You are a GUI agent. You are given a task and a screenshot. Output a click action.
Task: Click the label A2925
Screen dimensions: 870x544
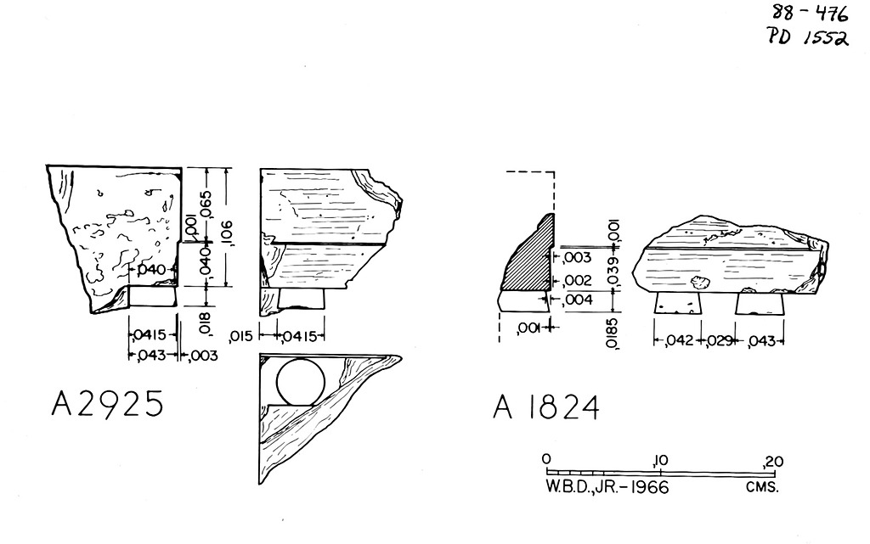(108, 403)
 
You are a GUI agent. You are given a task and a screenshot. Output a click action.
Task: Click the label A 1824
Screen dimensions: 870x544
(546, 408)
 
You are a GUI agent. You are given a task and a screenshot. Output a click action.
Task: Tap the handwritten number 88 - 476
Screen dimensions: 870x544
(810, 13)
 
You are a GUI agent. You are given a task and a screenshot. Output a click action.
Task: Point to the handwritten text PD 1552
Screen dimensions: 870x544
(809, 37)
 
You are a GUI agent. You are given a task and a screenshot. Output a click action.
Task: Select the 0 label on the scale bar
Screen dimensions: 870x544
(546, 458)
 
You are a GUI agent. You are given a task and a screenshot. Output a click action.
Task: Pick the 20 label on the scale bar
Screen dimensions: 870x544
(773, 461)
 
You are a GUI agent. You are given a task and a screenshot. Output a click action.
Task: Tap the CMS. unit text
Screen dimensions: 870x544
(762, 487)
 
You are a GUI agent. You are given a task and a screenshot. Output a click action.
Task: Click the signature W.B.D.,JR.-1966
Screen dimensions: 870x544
(607, 487)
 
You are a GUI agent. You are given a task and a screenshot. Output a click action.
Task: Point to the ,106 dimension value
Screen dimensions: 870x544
(228, 233)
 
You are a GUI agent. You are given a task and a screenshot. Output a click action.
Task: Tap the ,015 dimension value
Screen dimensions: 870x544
(240, 336)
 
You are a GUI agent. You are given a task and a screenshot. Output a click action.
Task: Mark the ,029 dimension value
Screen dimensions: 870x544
(720, 340)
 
